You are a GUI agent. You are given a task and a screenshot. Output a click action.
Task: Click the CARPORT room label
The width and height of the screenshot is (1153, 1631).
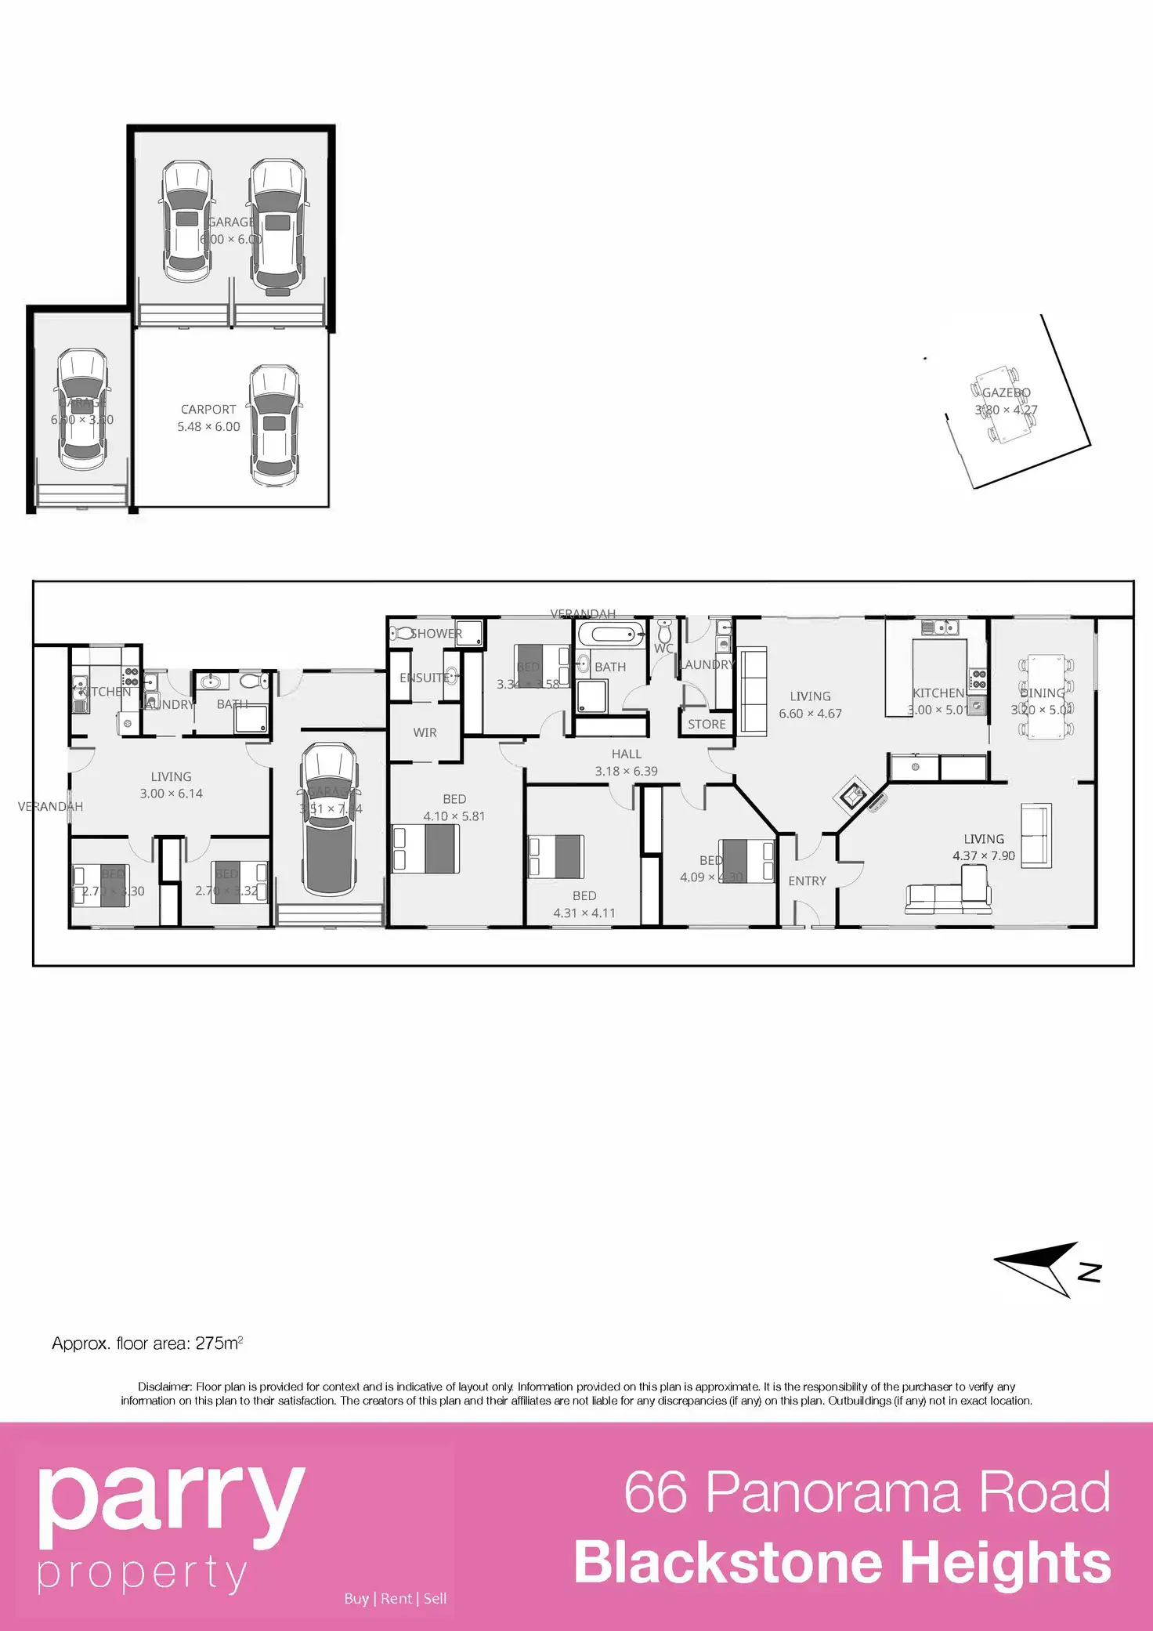coord(208,410)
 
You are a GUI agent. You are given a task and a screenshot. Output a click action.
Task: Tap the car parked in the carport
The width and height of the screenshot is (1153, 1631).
coord(274,425)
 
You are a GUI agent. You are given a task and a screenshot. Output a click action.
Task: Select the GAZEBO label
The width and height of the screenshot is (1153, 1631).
coord(1007,392)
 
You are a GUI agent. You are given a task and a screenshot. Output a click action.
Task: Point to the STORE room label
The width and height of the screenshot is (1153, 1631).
coord(707,725)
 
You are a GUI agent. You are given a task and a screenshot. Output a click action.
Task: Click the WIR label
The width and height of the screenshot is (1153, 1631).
coord(425,732)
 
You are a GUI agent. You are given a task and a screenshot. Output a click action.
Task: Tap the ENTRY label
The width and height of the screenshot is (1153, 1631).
coord(807,881)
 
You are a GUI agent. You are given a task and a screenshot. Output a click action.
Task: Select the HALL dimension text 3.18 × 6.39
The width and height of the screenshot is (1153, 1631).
coord(626,771)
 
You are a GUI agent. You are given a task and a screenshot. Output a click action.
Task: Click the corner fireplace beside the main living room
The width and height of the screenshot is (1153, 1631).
coord(852,796)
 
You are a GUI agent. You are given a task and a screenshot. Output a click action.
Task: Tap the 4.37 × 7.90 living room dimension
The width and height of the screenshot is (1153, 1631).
coord(983,855)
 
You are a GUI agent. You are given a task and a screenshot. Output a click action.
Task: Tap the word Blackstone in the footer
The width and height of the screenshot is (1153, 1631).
coord(728,1563)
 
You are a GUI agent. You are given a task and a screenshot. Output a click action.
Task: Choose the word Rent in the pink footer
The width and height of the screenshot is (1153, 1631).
coord(396,1599)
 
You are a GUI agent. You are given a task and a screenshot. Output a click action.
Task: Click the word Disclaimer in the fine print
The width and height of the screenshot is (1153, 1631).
coord(164,1387)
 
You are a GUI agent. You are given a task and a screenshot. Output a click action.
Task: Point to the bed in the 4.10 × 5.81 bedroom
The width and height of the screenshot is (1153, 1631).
coord(426,848)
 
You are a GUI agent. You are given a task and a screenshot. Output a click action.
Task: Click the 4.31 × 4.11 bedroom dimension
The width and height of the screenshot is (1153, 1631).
coord(584,913)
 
